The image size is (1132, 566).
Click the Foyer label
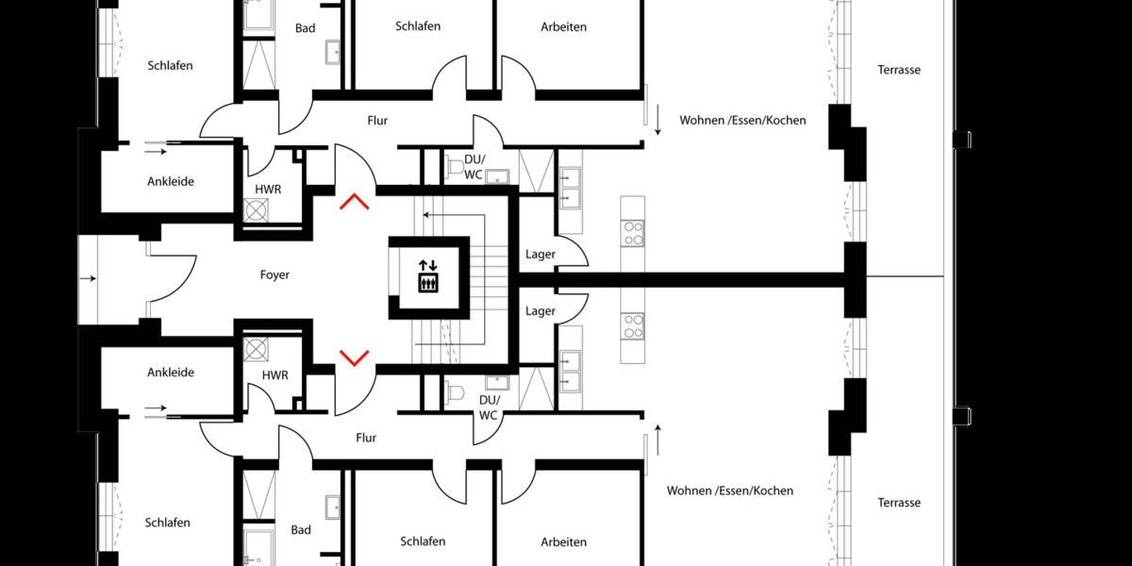275,275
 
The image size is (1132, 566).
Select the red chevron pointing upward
355,201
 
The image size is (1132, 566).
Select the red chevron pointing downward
355,357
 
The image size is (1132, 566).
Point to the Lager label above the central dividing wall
541,254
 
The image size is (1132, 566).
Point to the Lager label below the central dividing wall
541,310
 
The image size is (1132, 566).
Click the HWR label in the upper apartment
269,190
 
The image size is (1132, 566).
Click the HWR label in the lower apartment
275,375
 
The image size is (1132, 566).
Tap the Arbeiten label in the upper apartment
564,26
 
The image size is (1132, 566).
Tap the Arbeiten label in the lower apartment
564,541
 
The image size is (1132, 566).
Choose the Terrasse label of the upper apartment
899,70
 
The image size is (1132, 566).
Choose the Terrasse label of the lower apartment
899,503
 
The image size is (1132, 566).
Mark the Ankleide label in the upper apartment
171,181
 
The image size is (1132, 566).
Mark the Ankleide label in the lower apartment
171,373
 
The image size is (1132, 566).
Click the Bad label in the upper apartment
306,28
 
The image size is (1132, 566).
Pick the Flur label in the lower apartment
366,438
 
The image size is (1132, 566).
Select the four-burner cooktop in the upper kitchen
633,232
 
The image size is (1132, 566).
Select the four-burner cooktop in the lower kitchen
633,326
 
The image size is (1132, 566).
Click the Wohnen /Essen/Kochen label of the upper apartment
743,121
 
